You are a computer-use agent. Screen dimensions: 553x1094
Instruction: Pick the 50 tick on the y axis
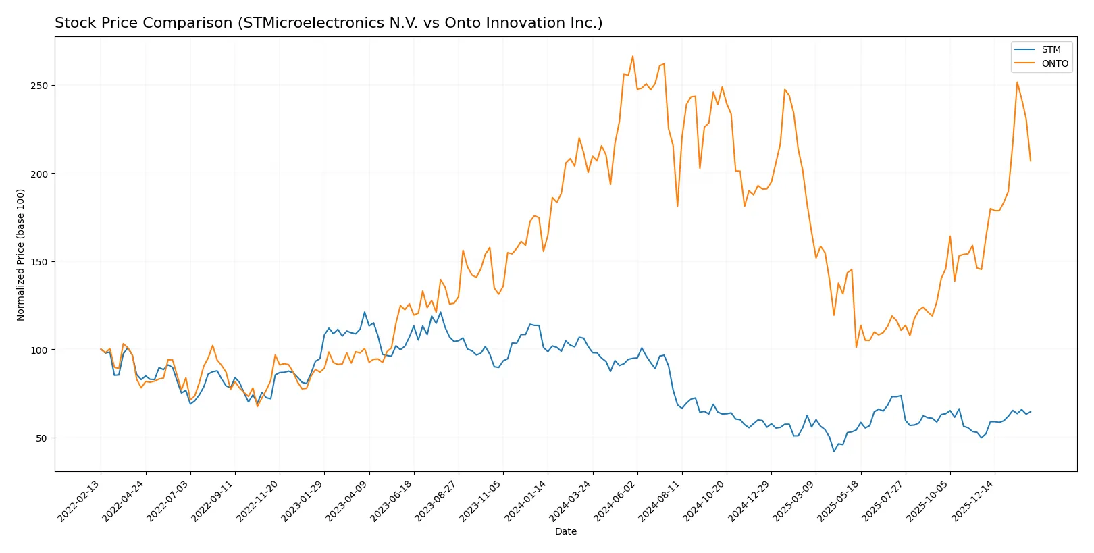pos(42,438)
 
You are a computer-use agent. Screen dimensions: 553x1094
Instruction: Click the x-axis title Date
pos(566,532)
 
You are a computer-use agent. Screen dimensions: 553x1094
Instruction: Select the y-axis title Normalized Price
pos(21,255)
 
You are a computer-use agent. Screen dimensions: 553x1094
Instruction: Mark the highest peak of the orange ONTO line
pos(633,56)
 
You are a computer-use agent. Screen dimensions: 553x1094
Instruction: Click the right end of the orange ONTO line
pos(1031,161)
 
